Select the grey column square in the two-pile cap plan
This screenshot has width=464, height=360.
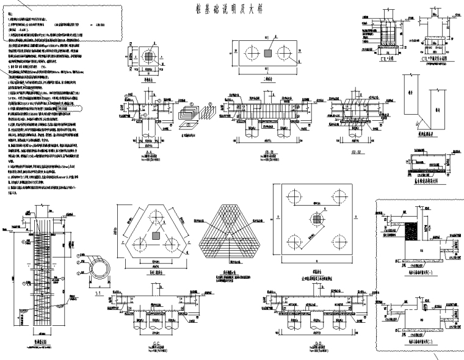click(267, 54)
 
